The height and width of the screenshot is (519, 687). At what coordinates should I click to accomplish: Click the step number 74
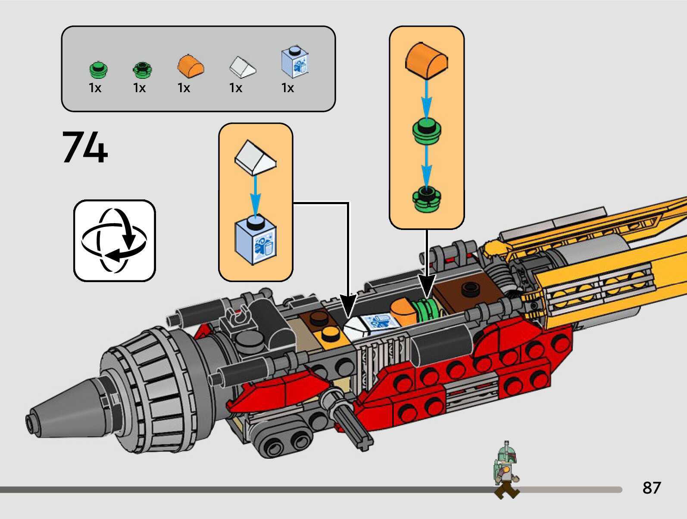click(x=85, y=147)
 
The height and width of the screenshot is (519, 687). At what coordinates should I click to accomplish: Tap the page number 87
click(x=651, y=488)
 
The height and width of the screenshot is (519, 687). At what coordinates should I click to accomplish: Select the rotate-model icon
click(x=114, y=240)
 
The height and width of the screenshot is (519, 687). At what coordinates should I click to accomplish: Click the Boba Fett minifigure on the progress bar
click(x=506, y=469)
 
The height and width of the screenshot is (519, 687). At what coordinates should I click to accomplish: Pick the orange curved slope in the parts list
click(x=190, y=66)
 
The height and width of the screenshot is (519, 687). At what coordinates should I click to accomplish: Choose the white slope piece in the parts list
click(x=242, y=67)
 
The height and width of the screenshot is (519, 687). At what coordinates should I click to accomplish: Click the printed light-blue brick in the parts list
click(x=295, y=62)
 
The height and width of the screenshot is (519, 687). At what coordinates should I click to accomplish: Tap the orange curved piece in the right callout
click(x=426, y=60)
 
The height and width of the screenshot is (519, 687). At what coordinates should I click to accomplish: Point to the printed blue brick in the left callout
click(x=256, y=241)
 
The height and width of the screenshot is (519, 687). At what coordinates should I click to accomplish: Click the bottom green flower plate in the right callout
click(x=427, y=199)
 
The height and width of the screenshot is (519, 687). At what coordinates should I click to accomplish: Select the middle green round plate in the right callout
click(x=427, y=131)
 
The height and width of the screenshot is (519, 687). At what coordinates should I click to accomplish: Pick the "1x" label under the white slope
click(x=236, y=88)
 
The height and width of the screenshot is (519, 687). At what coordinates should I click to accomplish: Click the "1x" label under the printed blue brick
click(x=287, y=88)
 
